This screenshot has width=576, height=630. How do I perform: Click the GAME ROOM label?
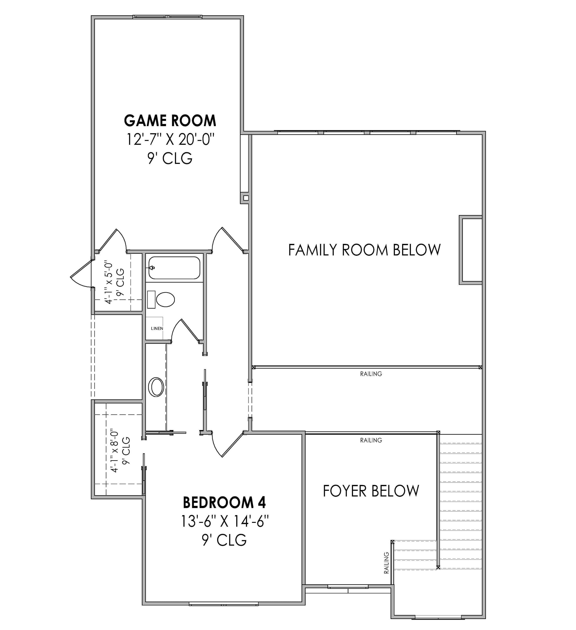pos(170,121)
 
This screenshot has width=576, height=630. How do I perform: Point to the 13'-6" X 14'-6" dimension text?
pos(225,521)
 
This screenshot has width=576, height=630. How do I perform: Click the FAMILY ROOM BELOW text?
pos(364,250)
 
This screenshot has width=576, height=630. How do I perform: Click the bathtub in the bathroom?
pos(174,268)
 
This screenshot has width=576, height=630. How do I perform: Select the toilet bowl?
pos(165,300)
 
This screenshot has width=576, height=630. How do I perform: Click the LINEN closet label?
pos(157,329)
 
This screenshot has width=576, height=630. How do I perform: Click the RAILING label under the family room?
pos(371,374)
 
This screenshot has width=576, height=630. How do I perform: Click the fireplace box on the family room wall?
pos(471,250)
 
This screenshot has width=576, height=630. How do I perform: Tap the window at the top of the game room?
pos(167,17)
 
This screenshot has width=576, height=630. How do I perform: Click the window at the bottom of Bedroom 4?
pos(224,604)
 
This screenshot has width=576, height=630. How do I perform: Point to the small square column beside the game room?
pos(246,198)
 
